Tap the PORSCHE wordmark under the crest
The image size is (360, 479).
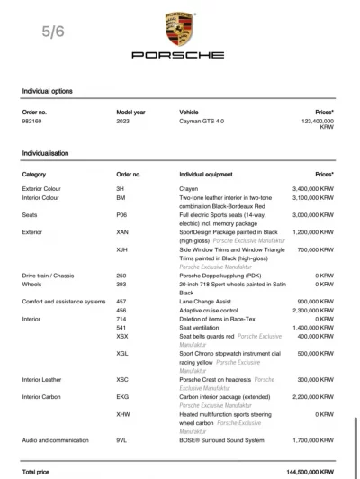click(179, 56)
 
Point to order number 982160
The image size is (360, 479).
click(34, 121)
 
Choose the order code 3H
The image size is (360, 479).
click(121, 189)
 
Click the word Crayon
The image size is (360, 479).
click(190, 189)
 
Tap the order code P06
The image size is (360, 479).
click(122, 215)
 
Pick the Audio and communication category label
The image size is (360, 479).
click(59, 440)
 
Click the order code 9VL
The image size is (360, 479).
click(123, 440)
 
